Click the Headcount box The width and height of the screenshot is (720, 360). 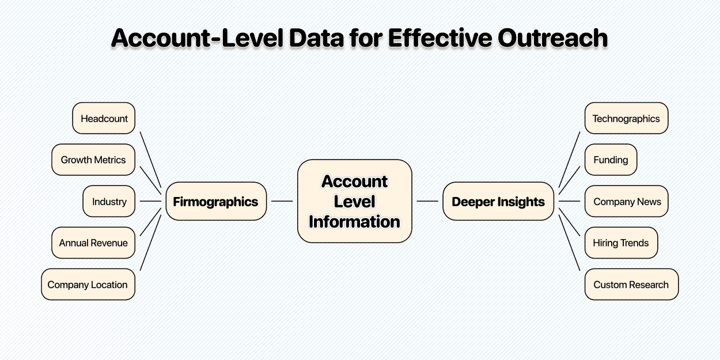104,119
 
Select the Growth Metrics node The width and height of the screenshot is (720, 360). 93,160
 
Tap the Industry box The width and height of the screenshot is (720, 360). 109,202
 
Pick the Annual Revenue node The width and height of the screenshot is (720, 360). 93,243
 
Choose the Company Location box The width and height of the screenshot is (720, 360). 88,285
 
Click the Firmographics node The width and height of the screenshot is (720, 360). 216,202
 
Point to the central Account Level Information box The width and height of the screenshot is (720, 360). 354,201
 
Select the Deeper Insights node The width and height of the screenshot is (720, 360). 498,202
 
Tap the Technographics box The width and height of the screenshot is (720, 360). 626,119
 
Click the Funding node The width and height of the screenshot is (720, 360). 611,160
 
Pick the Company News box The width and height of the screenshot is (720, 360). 627,202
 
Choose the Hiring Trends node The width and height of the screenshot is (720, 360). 621,243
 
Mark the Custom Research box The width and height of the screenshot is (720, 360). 631,285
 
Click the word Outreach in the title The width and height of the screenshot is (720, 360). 552,38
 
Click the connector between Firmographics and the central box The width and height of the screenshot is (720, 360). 282,201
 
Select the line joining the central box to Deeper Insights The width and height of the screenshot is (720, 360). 427,201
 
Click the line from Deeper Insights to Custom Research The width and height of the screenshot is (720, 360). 569,242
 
